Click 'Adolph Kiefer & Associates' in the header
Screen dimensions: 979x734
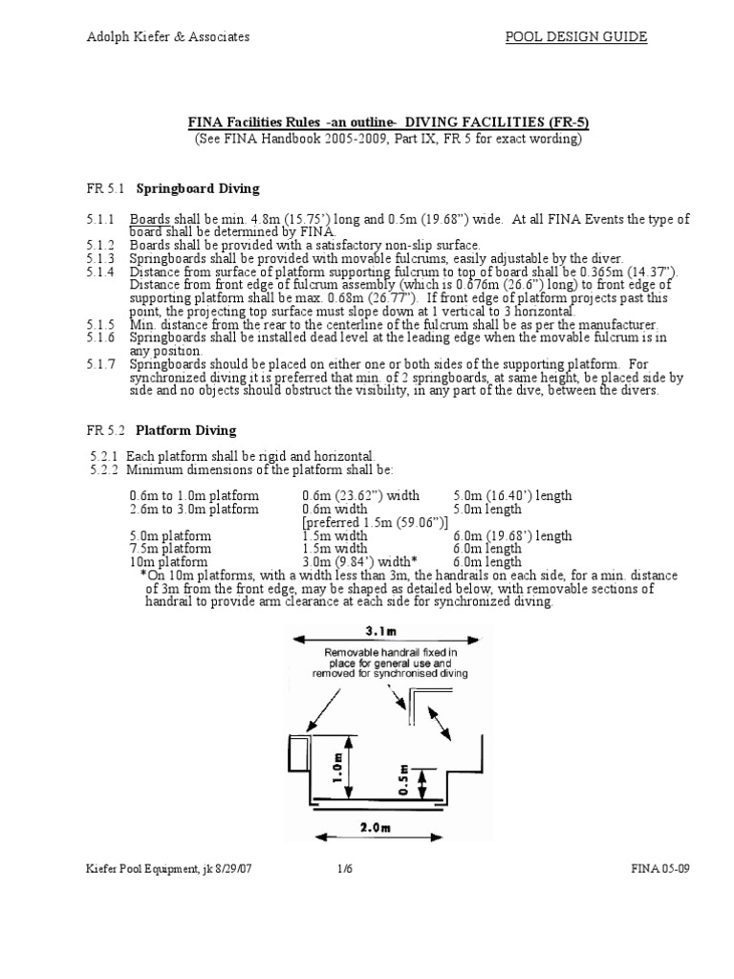coord(168,37)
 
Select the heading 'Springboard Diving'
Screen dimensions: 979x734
coord(196,187)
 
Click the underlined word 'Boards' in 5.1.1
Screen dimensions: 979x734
coord(150,220)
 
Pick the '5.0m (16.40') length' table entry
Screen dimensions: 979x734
coord(512,496)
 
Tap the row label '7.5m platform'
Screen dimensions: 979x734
coord(171,549)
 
